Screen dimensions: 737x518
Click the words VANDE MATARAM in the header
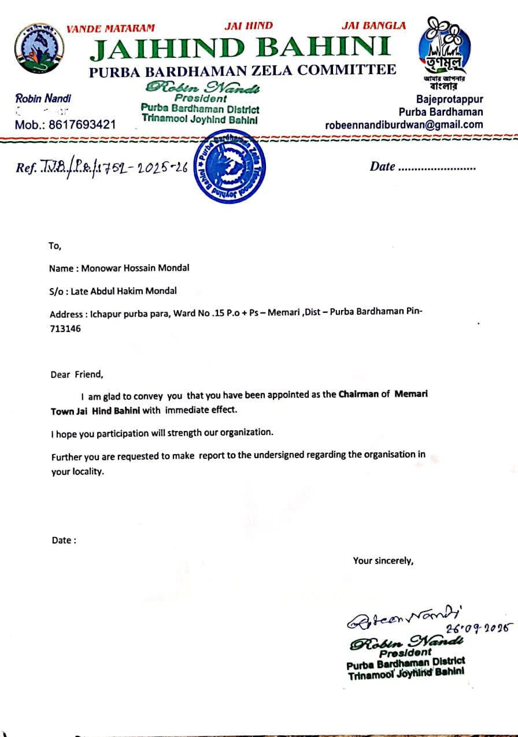(110, 28)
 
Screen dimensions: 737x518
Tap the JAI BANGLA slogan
(373, 25)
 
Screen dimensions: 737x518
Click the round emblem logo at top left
(39, 48)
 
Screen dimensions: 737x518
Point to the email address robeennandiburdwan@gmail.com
(404, 124)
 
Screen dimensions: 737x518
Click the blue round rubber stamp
(230, 167)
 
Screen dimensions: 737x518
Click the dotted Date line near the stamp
(436, 167)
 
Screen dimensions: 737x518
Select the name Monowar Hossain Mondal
(135, 268)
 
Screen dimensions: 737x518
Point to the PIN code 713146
(65, 329)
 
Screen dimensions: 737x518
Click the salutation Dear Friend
(77, 374)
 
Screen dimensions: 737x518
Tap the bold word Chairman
(359, 395)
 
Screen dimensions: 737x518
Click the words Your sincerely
(383, 560)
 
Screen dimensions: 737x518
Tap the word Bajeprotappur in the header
(449, 100)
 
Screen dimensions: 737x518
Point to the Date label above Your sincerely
(64, 540)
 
